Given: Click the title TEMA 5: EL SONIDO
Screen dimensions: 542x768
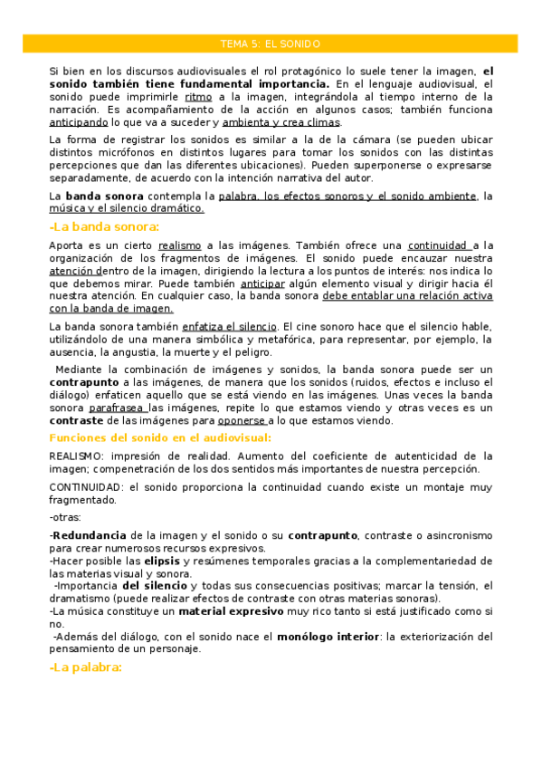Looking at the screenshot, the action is pos(271,43).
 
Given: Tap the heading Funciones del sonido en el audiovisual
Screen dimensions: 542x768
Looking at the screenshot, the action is pos(160,437).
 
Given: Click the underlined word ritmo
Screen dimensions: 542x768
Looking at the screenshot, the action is pos(198,96).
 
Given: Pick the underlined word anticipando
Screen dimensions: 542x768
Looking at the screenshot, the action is pos(79,121).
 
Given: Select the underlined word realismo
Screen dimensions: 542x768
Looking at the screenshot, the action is pos(179,245).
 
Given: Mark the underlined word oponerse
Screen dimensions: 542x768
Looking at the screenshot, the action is pos(241,420).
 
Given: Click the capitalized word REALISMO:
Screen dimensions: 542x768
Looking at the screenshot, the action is pos(77,456).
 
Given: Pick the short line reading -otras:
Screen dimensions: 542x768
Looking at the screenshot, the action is pos(64,516).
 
